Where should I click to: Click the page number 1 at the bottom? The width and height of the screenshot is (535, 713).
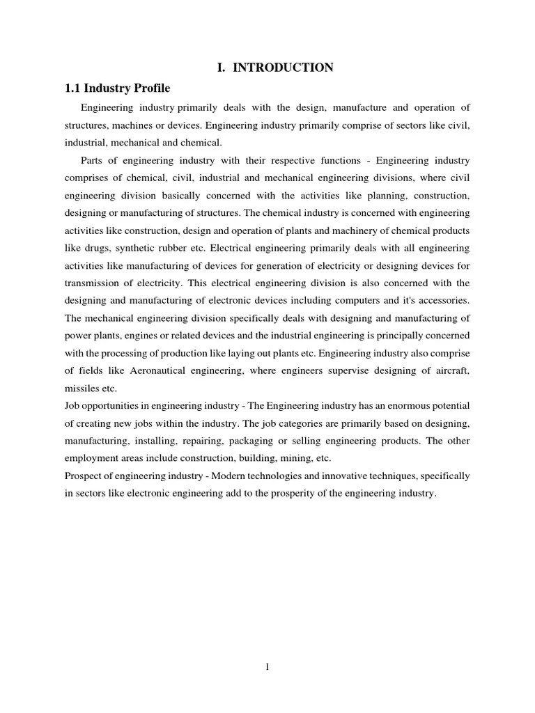click(267, 667)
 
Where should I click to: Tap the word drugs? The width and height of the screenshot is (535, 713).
click(98, 248)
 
